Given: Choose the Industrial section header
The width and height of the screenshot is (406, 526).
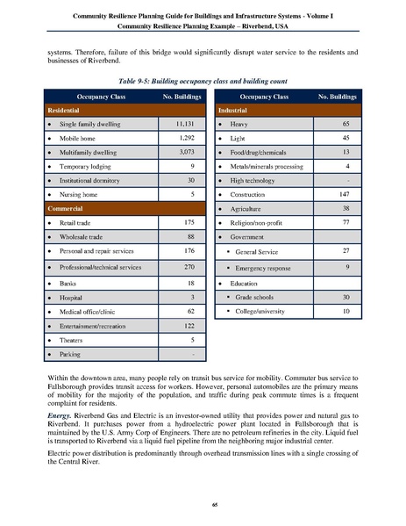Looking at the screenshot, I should pos(232,112).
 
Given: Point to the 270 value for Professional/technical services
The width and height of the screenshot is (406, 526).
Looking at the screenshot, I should pos(184,265).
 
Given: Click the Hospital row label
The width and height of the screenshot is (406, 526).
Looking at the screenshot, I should pos(74,299).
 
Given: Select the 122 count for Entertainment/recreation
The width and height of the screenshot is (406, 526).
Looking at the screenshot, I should pos(184,326).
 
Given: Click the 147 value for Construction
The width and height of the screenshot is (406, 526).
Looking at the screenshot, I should pos(347,192).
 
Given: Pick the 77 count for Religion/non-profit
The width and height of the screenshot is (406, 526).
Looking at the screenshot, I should pos(347,224).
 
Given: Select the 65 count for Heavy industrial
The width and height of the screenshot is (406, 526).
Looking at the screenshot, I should pos(347,126).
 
